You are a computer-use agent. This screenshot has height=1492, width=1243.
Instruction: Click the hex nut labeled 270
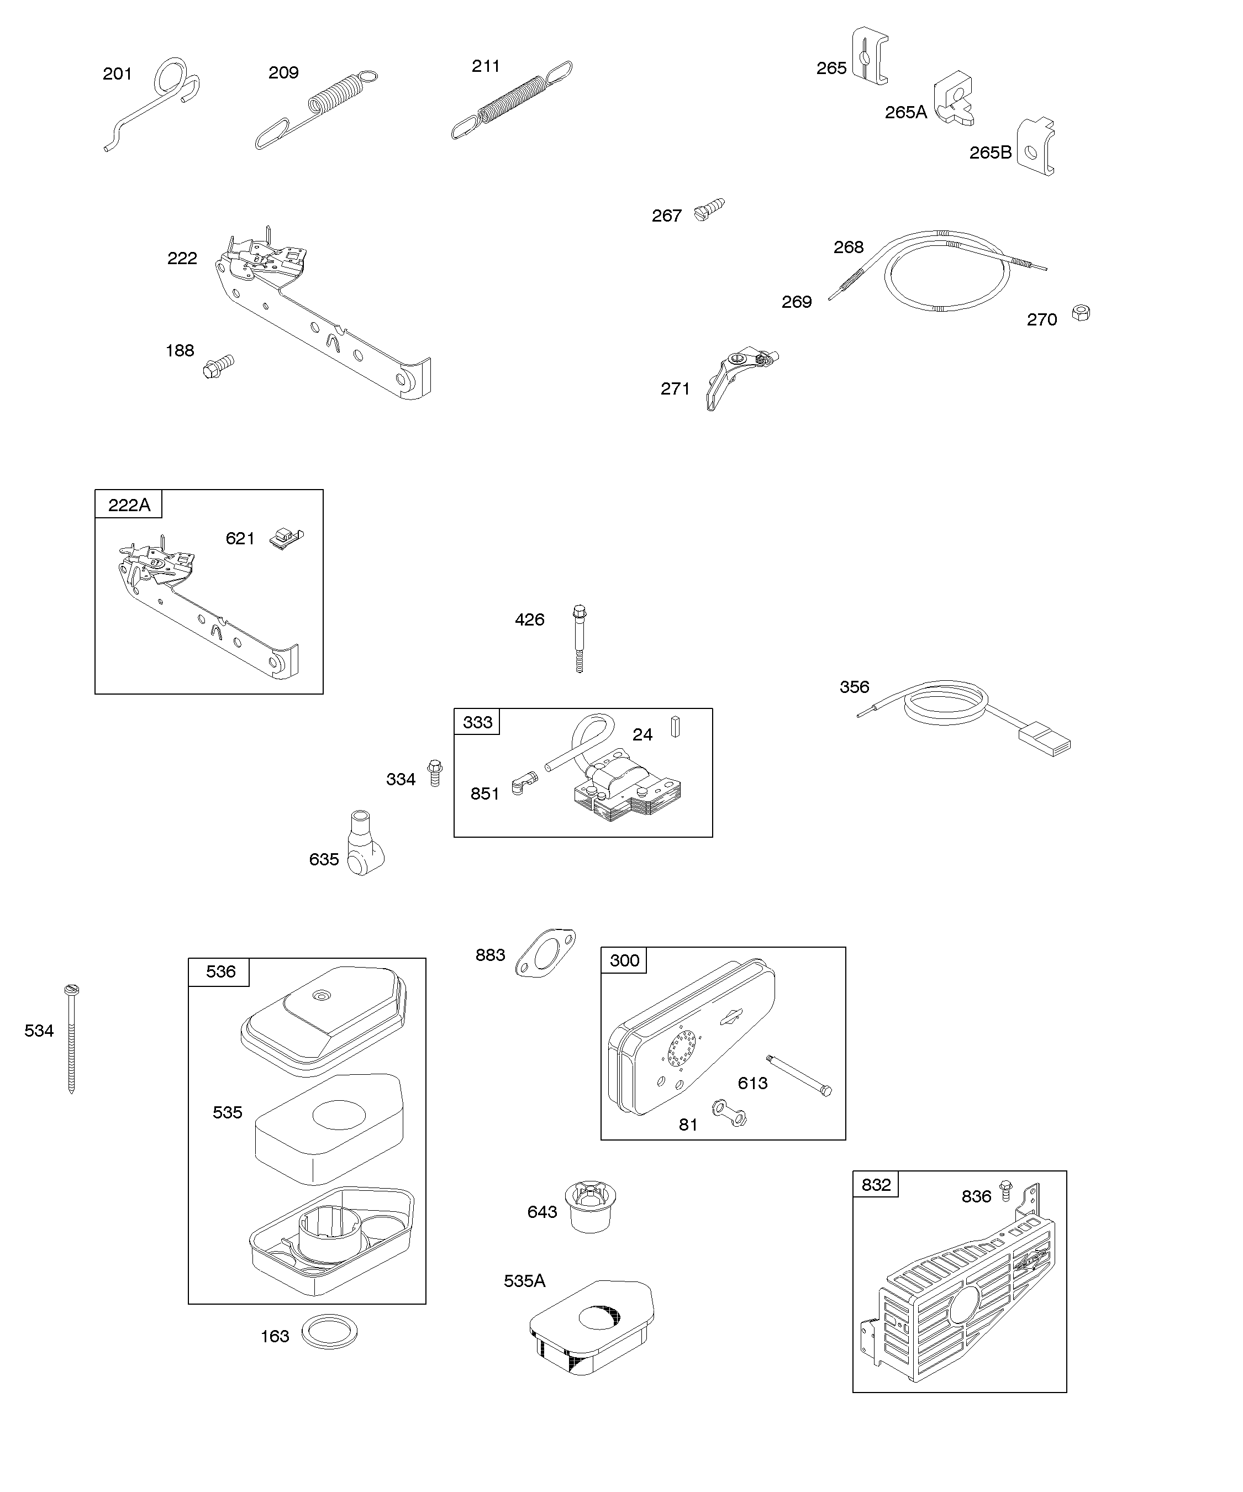(1081, 313)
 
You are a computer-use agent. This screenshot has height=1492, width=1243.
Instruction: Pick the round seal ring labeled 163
(330, 1331)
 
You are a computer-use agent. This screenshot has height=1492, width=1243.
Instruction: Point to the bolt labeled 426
(580, 637)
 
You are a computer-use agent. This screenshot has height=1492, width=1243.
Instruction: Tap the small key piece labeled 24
(676, 727)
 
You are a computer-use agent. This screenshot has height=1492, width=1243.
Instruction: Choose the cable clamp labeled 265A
(952, 99)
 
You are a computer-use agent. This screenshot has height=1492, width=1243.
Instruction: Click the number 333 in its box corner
(477, 723)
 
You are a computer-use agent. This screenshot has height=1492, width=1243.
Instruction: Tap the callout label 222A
(129, 505)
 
